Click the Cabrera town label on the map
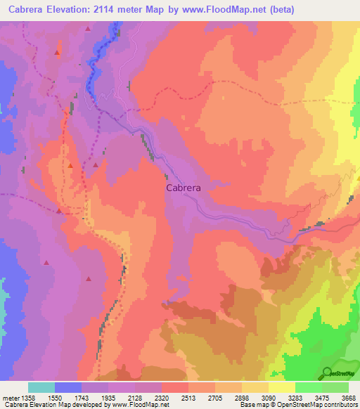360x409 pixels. point(184,188)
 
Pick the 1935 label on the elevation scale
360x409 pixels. point(108,398)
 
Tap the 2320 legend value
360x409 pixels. point(161,398)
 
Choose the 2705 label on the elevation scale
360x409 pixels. point(215,398)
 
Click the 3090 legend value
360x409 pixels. point(268,398)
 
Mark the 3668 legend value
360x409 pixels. point(348,398)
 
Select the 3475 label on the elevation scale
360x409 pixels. point(321,398)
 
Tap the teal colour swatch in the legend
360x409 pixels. point(41,387)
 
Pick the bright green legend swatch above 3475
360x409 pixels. point(308,387)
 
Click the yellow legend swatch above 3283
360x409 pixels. point(281,387)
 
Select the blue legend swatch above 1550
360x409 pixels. point(68,387)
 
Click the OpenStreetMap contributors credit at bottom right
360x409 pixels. point(321,405)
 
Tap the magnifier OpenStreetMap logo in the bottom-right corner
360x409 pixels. point(328,373)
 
